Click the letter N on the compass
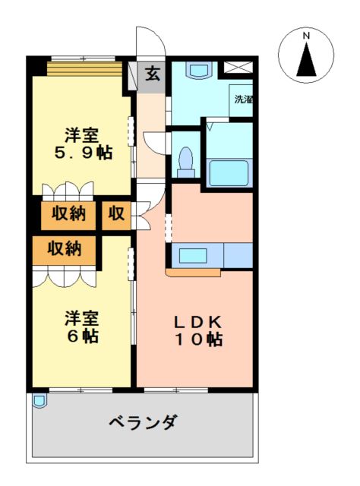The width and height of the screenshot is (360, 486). click(x=306, y=36)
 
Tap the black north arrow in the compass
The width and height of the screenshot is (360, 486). click(x=306, y=59)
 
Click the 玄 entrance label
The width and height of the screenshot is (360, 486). click(x=153, y=74)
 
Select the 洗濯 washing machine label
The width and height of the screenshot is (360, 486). click(x=243, y=99)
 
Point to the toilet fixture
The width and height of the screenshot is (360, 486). click(x=186, y=162)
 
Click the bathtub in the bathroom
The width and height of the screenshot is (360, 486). click(x=229, y=172)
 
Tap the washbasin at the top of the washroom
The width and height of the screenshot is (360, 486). click(x=198, y=70)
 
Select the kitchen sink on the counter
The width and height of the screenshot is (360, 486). click(x=193, y=255)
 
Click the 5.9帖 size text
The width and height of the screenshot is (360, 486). click(x=84, y=153)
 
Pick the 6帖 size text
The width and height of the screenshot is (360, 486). click(x=83, y=336)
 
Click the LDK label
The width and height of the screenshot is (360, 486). click(x=197, y=322)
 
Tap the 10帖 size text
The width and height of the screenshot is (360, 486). click(x=198, y=339)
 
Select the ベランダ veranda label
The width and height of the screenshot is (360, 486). click(x=144, y=422)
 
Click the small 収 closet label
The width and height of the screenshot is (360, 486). click(x=116, y=213)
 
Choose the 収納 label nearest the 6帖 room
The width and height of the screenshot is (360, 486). click(x=65, y=248)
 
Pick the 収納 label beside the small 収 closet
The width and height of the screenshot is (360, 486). click(x=68, y=213)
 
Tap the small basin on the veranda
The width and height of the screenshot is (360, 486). click(x=39, y=400)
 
